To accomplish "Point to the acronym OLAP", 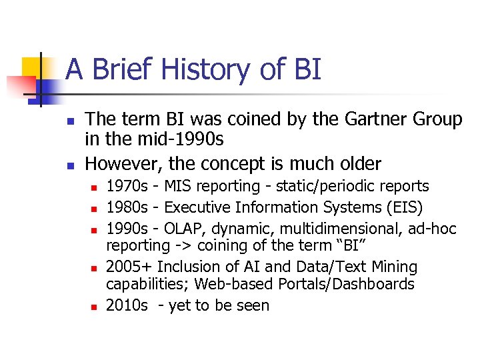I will (x=183, y=229).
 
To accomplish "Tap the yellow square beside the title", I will (x=31, y=67).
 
